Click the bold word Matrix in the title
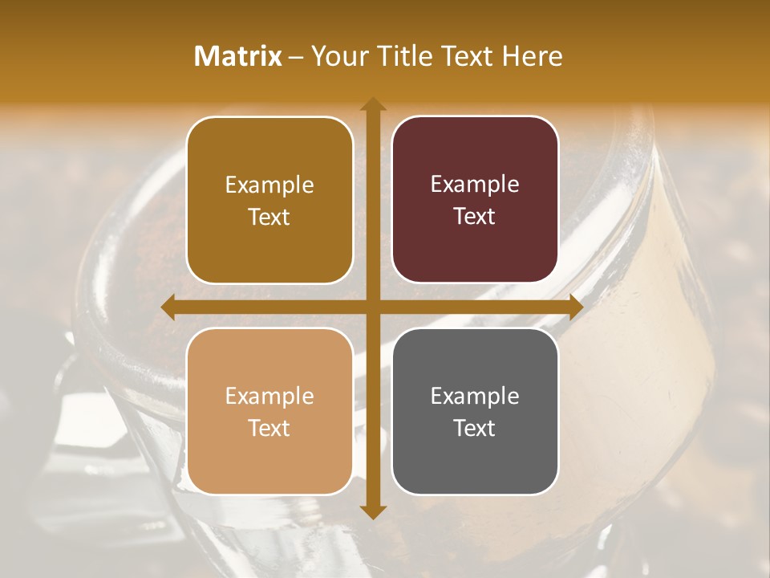tap(237, 56)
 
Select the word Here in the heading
tap(532, 56)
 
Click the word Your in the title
tap(338, 56)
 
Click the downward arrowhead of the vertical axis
tap(372, 511)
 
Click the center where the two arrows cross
tap(372, 307)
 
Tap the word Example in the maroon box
tap(475, 184)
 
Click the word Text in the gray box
tap(475, 428)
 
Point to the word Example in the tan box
tap(269, 396)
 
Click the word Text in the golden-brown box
tap(269, 217)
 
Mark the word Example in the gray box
tap(475, 396)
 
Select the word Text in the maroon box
tap(475, 216)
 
